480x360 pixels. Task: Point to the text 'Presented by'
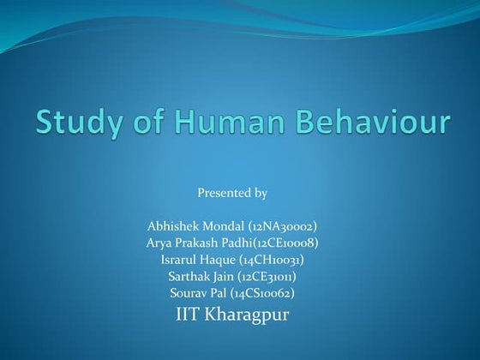tap(232, 193)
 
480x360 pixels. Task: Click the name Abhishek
tap(171, 226)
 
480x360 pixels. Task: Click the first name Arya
tap(160, 243)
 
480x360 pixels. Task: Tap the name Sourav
tap(188, 292)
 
